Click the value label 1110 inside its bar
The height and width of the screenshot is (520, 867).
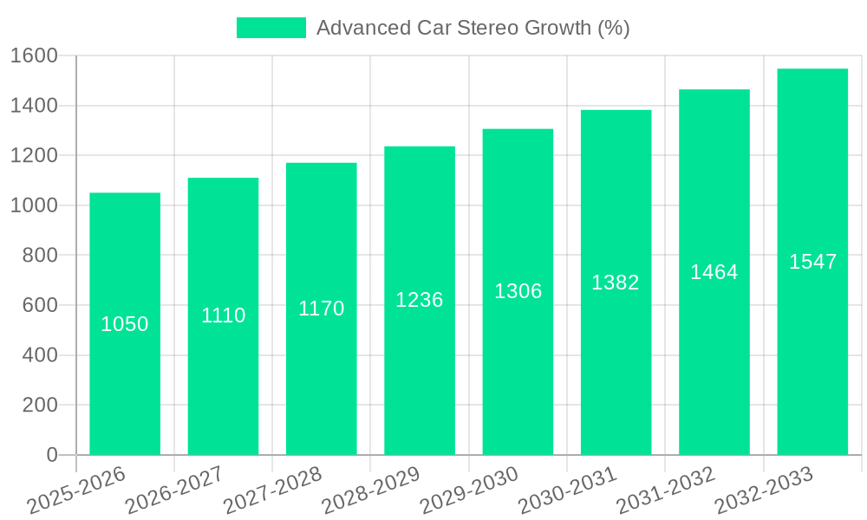point(223,315)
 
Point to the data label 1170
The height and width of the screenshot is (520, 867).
point(322,309)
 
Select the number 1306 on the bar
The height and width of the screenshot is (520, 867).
point(518,292)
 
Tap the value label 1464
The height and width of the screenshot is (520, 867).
point(714,272)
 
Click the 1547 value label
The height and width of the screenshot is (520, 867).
point(812,262)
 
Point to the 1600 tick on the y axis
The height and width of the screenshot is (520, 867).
point(33,56)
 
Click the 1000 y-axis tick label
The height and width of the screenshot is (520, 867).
point(33,206)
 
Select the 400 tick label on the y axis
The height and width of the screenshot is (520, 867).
point(39,355)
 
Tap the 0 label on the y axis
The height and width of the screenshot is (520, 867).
point(51,455)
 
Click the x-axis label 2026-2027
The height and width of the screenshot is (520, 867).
point(173,491)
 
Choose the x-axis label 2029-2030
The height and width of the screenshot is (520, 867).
point(467,491)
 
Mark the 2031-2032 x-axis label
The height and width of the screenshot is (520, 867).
point(664,491)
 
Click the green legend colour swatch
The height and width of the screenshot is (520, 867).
point(271,28)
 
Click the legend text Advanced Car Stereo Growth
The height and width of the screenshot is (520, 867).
point(473,28)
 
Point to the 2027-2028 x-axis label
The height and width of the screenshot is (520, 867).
point(271,491)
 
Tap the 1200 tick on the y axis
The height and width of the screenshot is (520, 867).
point(33,156)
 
